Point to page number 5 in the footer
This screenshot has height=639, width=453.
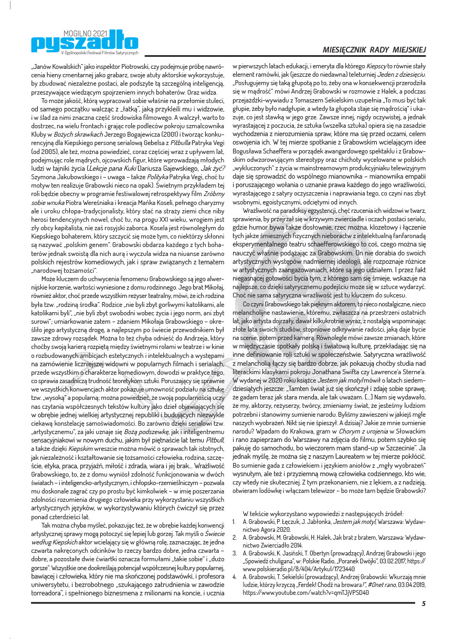pos(424,604)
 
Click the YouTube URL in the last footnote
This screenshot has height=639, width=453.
pos(306,592)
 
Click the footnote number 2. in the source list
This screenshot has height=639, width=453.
pos(234,538)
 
